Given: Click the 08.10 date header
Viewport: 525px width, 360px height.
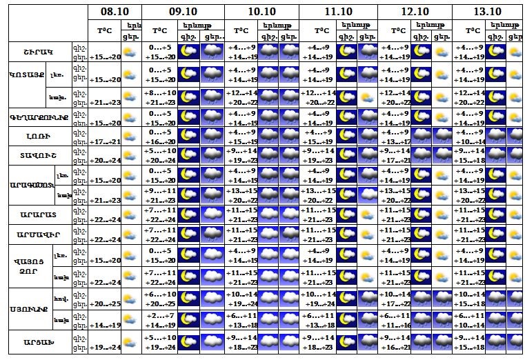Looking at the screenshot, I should coord(114,12).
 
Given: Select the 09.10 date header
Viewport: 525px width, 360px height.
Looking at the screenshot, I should coord(183,12).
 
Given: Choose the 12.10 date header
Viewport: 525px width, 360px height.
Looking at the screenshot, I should coord(415,12).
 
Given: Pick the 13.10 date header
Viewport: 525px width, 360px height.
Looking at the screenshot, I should coord(487,12).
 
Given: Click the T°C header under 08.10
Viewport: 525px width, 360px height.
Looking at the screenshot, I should coord(104,30).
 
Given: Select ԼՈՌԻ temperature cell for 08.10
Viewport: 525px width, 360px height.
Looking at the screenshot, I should coord(105,141).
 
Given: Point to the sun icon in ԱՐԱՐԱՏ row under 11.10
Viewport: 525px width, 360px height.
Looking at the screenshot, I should coord(367,216).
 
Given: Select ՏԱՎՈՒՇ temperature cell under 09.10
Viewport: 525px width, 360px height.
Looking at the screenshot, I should coord(161,156).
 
